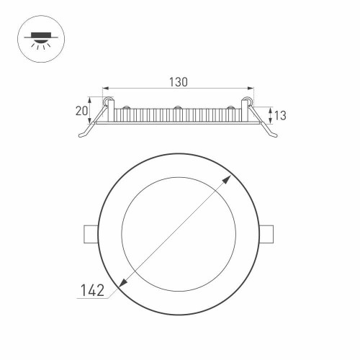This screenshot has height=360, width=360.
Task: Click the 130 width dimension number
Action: (x=179, y=82)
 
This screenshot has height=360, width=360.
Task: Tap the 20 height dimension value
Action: (x=81, y=110)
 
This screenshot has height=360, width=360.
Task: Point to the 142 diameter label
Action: (x=92, y=291)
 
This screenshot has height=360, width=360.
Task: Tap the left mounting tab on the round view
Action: (x=90, y=235)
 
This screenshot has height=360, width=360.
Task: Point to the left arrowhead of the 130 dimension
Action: (x=106, y=88)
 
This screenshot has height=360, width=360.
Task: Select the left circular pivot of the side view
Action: (x=109, y=102)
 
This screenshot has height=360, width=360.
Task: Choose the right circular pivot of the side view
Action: (x=248, y=102)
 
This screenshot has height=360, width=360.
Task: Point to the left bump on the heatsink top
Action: (x=126, y=109)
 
